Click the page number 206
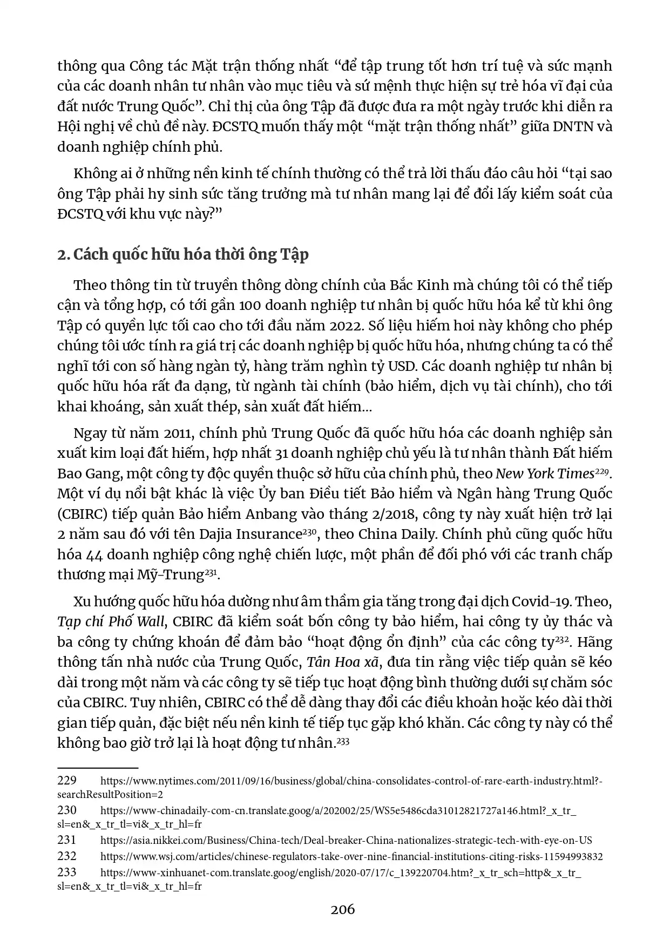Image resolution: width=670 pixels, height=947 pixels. click(x=343, y=909)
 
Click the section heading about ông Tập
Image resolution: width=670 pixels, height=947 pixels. click(x=183, y=254)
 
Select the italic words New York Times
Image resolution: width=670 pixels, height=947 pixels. click(x=545, y=473)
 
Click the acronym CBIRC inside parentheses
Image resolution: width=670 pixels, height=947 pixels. click(x=82, y=514)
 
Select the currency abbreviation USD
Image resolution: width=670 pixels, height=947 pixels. click(x=402, y=367)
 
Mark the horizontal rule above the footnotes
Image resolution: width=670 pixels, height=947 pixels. click(x=98, y=767)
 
